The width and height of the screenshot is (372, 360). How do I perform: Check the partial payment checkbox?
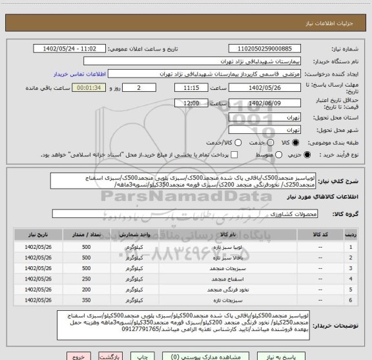point(234,156)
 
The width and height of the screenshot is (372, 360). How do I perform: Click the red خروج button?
point(79,355)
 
